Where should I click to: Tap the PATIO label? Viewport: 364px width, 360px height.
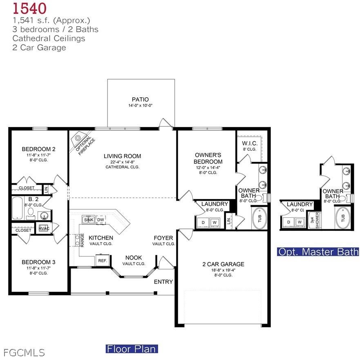click(140, 99)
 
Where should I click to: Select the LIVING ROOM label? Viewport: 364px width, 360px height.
click(122, 156)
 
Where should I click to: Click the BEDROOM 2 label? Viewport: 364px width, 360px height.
click(38, 149)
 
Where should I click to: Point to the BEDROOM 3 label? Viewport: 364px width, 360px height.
click(38, 262)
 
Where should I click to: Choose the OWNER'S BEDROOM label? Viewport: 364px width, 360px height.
click(208, 159)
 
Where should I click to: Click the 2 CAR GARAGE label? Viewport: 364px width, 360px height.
click(223, 264)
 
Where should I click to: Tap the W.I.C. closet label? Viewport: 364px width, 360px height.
click(249, 143)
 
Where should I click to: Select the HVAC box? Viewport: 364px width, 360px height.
click(44, 228)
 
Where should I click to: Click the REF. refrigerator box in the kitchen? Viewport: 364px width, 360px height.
click(103, 260)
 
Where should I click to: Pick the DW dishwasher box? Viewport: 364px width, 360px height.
click(100, 220)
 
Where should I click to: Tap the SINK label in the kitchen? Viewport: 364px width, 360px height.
click(89, 220)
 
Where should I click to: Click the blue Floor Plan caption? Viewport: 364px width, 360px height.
click(132, 349)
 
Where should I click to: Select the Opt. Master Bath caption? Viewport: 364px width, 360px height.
click(318, 252)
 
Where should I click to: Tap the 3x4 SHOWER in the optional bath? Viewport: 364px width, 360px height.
click(313, 221)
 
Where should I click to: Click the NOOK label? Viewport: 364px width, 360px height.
click(134, 257)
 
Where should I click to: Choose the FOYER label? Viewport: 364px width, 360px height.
click(163, 238)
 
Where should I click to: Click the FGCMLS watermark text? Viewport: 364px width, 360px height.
click(24, 352)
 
